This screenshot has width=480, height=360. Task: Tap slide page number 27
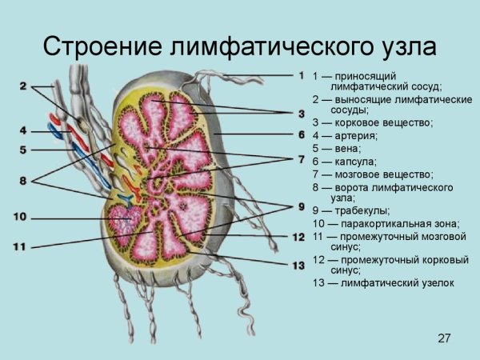[445, 339]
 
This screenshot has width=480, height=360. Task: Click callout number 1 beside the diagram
[301, 76]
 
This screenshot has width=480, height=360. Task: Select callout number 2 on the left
[24, 86]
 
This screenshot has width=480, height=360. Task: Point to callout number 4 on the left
[23, 130]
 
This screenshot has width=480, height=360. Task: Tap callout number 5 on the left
[23, 149]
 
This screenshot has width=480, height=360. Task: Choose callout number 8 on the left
[23, 182]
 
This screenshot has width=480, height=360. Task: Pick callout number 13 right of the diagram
[298, 265]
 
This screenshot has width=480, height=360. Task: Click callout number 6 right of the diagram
[301, 134]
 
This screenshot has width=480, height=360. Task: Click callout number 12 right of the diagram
[298, 238]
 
